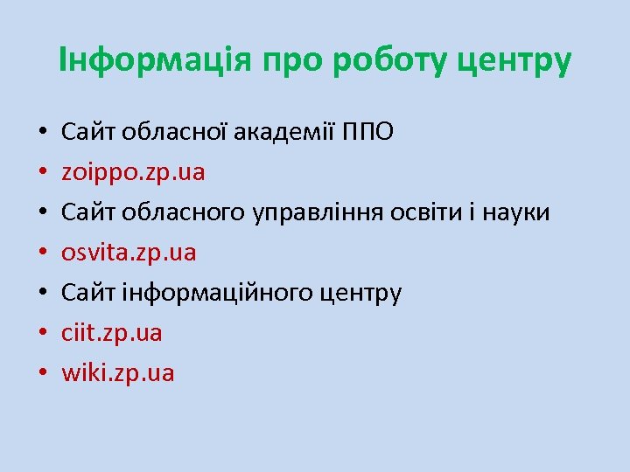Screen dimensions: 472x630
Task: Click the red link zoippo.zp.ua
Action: tap(133, 172)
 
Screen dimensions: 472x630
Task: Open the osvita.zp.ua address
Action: tap(129, 253)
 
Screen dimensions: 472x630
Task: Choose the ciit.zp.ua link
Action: tap(112, 333)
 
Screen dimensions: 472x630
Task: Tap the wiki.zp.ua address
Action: tap(118, 373)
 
